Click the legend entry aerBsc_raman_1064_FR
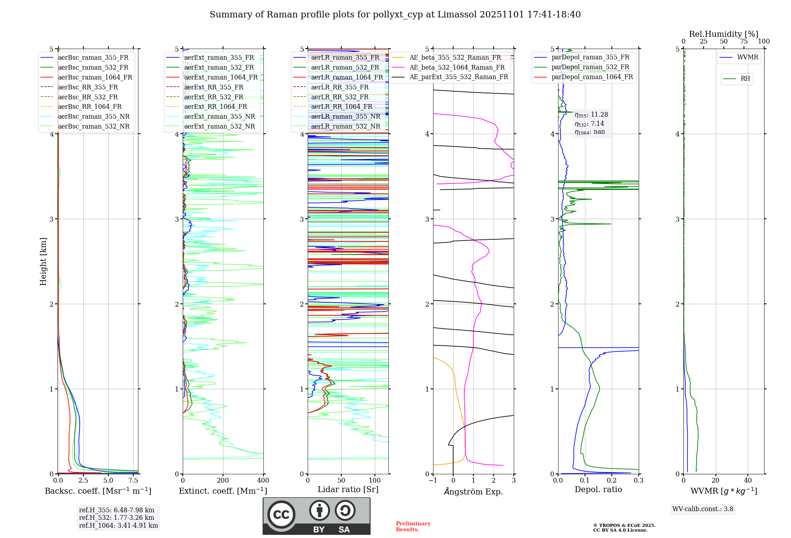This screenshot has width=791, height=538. (95, 77)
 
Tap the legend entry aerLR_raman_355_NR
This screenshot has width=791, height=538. (345, 116)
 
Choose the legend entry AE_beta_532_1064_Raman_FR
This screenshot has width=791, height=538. (457, 67)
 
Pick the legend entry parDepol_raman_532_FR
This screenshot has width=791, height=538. (590, 67)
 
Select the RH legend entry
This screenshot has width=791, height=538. (745, 79)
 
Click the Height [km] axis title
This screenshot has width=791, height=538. (43, 261)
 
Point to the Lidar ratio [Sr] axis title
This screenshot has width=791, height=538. (348, 489)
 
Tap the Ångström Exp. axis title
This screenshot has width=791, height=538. (473, 491)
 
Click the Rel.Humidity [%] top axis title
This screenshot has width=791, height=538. (723, 34)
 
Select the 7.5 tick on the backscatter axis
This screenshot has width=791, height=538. (133, 480)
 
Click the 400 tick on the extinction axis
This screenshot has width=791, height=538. (263, 480)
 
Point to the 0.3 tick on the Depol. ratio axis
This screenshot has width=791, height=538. (638, 480)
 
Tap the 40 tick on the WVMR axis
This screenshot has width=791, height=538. (747, 480)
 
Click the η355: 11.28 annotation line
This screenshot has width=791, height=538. (591, 115)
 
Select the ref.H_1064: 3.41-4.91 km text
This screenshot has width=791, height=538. (118, 525)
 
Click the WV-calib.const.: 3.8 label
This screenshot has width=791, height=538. (702, 509)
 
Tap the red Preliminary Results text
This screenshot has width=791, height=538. (413, 526)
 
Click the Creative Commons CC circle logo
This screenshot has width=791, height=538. (281, 515)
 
